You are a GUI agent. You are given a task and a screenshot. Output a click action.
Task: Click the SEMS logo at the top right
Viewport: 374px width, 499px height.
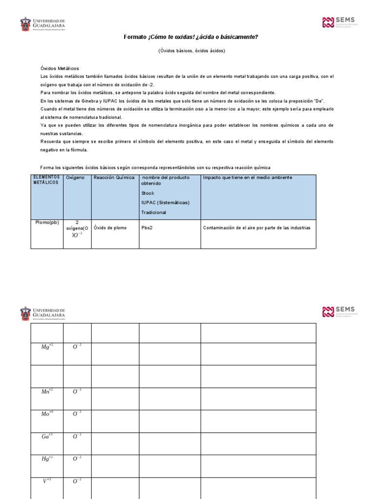click(339, 22)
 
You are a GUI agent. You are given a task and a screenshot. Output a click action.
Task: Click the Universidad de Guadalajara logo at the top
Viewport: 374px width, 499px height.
click(42, 24)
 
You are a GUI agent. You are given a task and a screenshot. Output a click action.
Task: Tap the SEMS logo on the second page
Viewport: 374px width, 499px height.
click(339, 312)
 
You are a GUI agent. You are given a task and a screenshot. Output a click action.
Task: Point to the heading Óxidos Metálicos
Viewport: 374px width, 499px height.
click(59, 68)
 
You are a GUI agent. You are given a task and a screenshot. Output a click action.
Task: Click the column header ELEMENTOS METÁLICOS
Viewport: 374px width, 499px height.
click(47, 179)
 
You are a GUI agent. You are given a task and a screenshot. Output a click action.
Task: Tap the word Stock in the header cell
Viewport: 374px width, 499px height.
click(148, 193)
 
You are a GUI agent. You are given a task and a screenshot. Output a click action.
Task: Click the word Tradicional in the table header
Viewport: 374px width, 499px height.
click(153, 212)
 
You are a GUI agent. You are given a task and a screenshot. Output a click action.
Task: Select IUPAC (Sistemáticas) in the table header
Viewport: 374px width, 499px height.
click(165, 203)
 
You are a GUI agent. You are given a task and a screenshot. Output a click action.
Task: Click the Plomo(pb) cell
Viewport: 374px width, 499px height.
click(47, 222)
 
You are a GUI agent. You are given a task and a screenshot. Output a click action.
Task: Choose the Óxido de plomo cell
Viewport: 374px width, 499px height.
click(110, 228)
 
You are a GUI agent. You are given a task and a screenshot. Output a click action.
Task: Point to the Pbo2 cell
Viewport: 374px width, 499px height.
click(147, 228)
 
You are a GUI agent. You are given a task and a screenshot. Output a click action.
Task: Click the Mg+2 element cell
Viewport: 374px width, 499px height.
click(47, 347)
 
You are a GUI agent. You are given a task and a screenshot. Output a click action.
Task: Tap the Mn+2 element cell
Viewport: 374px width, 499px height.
click(47, 391)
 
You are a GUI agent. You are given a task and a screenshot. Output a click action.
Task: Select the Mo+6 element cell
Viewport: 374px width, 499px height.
click(47, 414)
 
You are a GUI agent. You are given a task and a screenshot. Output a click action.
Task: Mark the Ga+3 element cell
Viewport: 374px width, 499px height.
click(47, 436)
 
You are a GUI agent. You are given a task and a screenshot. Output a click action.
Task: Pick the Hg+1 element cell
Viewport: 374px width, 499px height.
click(47, 459)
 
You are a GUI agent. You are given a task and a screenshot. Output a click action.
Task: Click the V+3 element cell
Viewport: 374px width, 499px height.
click(47, 481)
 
